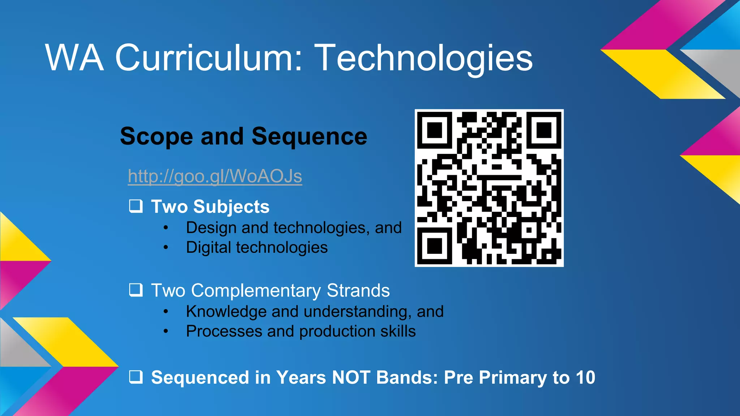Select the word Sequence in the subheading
pyautogui.click(x=309, y=136)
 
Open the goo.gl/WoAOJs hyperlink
pyautogui.click(x=215, y=176)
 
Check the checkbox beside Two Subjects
pyautogui.click(x=136, y=206)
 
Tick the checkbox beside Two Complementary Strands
pyautogui.click(x=136, y=290)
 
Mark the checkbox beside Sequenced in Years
pyautogui.click(x=136, y=377)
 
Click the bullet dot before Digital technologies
pyautogui.click(x=165, y=248)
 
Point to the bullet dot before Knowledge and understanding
pyautogui.click(x=165, y=312)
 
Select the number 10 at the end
pyautogui.click(x=585, y=377)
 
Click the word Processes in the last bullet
pyautogui.click(x=224, y=331)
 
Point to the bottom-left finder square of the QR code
pyautogui.click(x=435, y=246)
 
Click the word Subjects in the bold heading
pyautogui.click(x=231, y=207)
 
